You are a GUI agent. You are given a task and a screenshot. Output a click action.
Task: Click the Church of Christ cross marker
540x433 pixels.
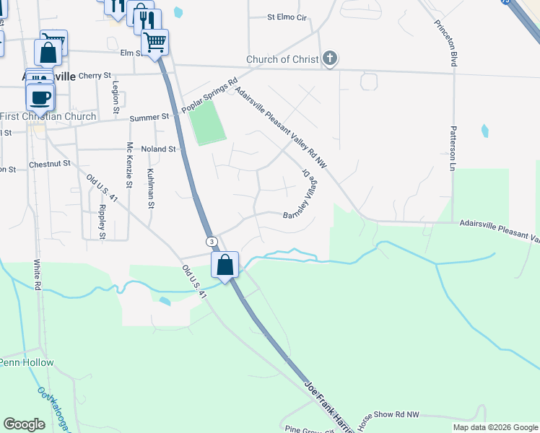pos(330,59)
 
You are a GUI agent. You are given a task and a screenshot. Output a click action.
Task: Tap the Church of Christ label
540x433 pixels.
pos(282,59)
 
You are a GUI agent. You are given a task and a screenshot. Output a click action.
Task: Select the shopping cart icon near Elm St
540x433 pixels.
pos(154,42)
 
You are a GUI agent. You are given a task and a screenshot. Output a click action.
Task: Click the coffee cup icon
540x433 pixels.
pos(41,96)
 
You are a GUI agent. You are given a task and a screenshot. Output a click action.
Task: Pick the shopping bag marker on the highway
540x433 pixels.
pos(225,264)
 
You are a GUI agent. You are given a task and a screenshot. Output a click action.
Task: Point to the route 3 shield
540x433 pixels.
pos(211,241)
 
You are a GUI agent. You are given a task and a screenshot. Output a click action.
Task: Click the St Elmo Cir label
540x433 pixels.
pos(287,16)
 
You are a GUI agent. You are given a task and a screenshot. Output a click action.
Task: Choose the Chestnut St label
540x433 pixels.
pos(50,165)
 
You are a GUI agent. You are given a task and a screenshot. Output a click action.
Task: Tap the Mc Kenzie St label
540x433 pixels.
pos(130,165)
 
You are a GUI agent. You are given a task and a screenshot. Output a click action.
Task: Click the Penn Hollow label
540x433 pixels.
pos(27,362)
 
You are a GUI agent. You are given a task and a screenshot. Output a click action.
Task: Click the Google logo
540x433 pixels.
pos(25,424)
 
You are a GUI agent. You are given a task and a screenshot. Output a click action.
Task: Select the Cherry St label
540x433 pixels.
pos(95,75)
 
